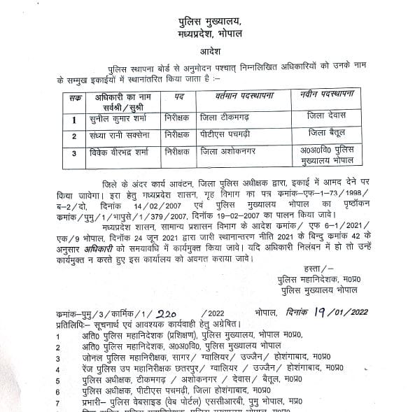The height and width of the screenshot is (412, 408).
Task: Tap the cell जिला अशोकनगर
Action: pyautogui.click(x=230, y=150)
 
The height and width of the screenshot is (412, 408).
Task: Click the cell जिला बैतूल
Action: pyautogui.click(x=325, y=132)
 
